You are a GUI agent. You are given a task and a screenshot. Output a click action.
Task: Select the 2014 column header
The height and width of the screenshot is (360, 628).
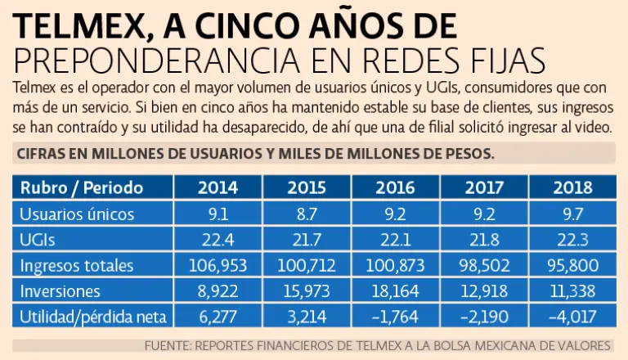218,187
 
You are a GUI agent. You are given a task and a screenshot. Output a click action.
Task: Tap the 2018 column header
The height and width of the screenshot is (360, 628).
573,187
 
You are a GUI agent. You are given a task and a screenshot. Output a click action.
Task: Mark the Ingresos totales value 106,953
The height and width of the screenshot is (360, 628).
218,264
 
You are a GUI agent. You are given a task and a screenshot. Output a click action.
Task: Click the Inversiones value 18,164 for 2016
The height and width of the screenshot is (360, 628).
396,290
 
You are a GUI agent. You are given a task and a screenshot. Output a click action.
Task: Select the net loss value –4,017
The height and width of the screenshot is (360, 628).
573,316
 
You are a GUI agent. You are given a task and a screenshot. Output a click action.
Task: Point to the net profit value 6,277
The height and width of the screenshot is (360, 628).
218,316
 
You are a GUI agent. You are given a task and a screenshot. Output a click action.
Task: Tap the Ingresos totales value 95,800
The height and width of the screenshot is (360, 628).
573,264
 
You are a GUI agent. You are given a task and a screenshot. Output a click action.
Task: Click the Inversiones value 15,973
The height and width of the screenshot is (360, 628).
307,290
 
